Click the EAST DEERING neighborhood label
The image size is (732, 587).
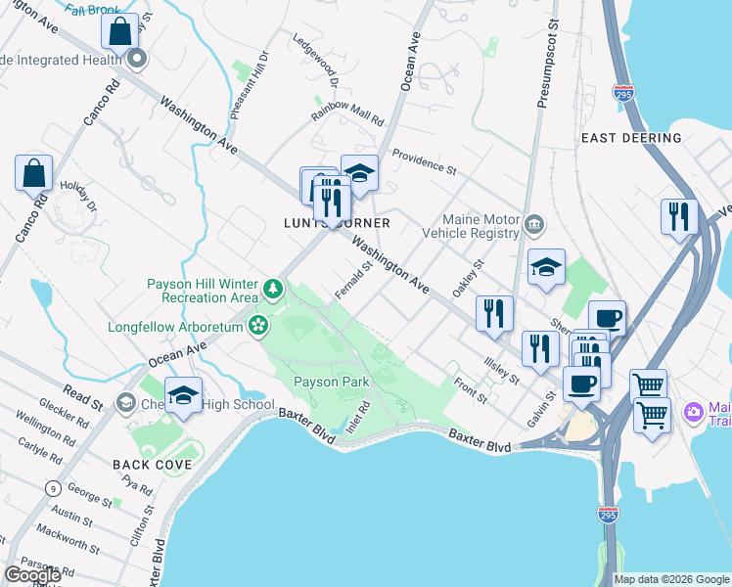(x=631, y=138)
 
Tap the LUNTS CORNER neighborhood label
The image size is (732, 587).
(x=351, y=223)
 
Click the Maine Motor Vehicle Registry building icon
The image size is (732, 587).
(x=534, y=225)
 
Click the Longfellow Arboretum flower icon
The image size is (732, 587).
(x=260, y=324)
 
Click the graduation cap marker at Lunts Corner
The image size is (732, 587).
(x=359, y=172)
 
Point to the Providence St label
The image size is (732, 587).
(x=424, y=162)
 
